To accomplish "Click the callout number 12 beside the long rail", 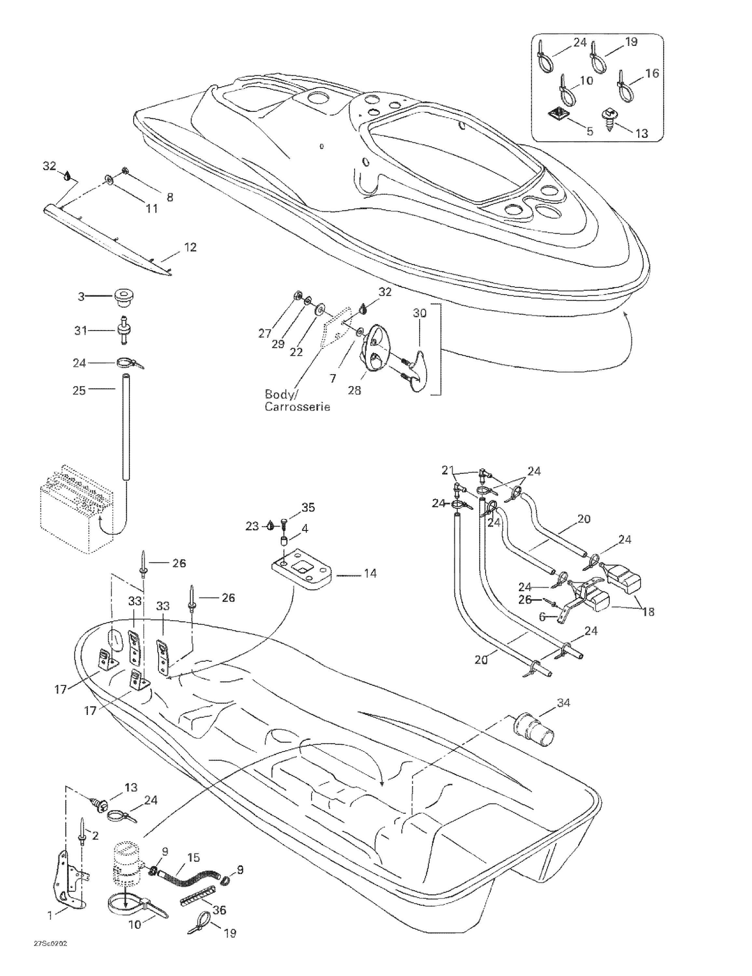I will [190, 247].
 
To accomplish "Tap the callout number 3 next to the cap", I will [81, 296].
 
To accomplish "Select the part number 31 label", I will [80, 331].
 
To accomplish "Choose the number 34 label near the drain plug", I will [563, 703].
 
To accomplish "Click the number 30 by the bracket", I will [419, 313].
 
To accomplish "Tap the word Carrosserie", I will [297, 407].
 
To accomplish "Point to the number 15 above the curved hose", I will [194, 858].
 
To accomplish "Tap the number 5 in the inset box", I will [590, 131].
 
